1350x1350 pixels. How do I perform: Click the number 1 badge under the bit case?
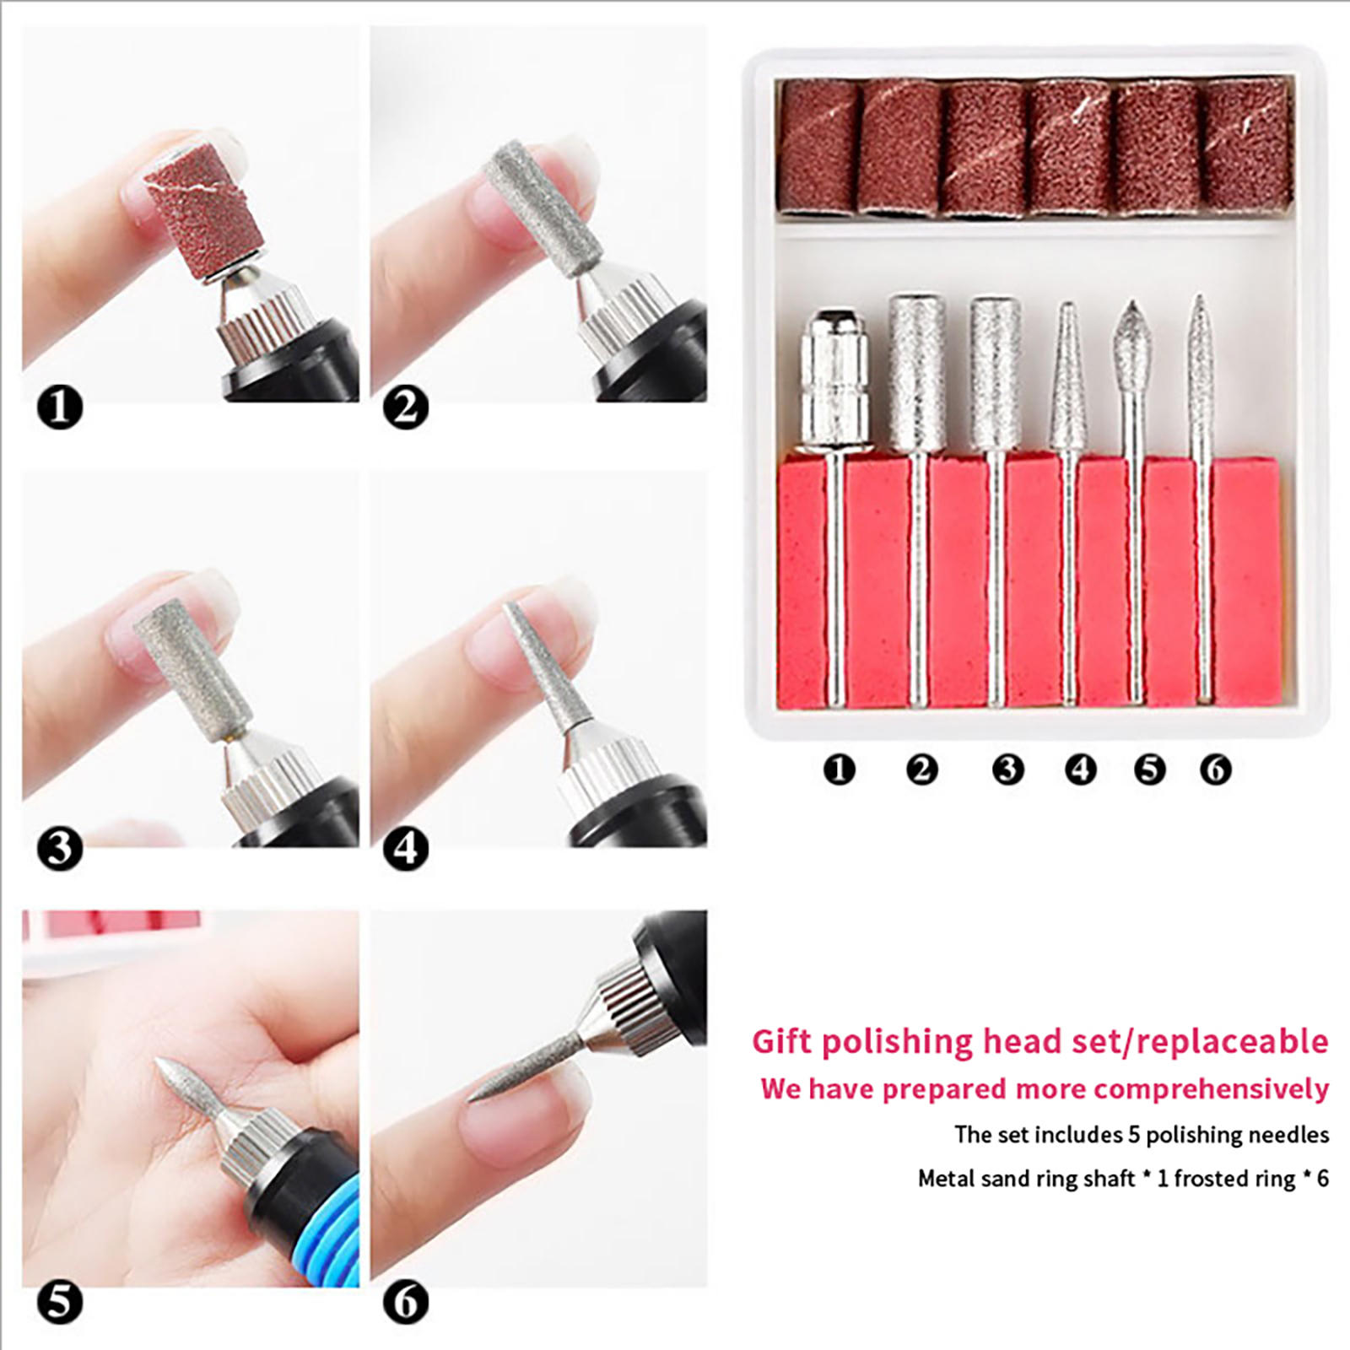pyautogui.click(x=839, y=769)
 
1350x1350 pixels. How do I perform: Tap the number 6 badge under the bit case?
pyautogui.click(x=1216, y=769)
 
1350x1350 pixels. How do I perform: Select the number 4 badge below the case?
pyautogui.click(x=1081, y=769)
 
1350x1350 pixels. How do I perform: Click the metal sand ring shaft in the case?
pyautogui.click(x=835, y=506)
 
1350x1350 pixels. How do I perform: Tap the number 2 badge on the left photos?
pyautogui.click(x=406, y=408)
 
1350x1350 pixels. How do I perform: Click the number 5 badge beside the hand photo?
pyautogui.click(x=60, y=1301)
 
